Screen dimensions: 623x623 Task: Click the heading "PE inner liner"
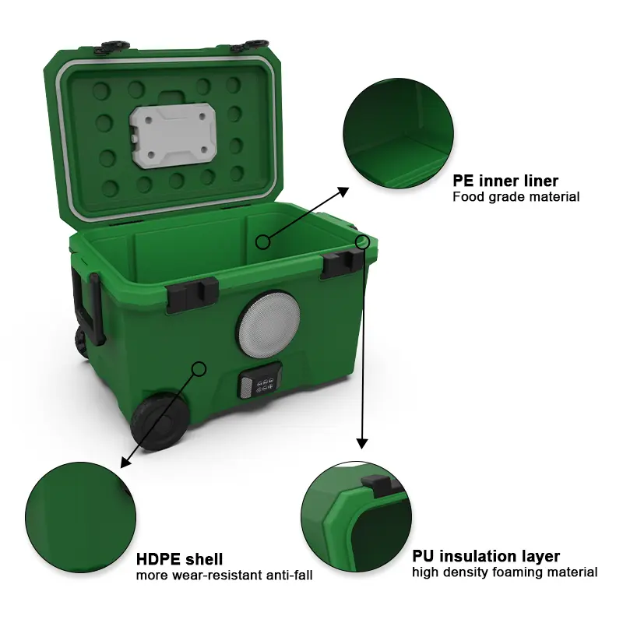(x=505, y=181)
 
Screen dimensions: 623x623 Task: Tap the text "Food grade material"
(x=516, y=197)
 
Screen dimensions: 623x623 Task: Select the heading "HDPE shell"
(x=179, y=559)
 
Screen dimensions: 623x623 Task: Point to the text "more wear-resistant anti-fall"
(x=224, y=575)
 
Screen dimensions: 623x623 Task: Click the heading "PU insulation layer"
(x=485, y=556)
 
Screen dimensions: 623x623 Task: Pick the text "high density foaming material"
(x=505, y=572)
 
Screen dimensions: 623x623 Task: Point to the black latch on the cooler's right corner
(x=340, y=266)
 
